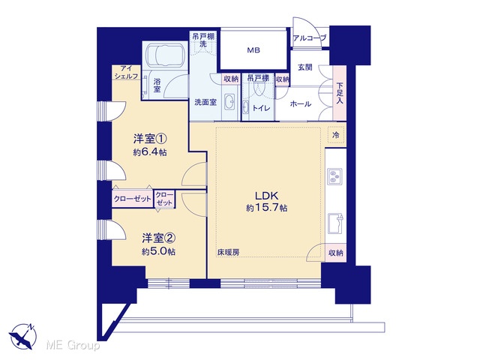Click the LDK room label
coord(267,196)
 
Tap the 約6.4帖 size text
coord(150,152)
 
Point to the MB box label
coord(253,50)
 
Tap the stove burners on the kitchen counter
coord(335,176)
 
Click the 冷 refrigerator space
coord(336,135)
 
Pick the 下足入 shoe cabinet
coord(340,93)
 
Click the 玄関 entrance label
coord(305,67)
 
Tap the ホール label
coord(301,104)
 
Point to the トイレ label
coord(261,108)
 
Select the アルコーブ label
coord(310,38)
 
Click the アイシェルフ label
coord(126,72)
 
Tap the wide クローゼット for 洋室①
coord(133,199)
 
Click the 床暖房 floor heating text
coord(228,253)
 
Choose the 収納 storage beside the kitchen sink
coord(336,253)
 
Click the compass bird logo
coord(23,337)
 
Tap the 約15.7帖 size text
coord(267,208)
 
